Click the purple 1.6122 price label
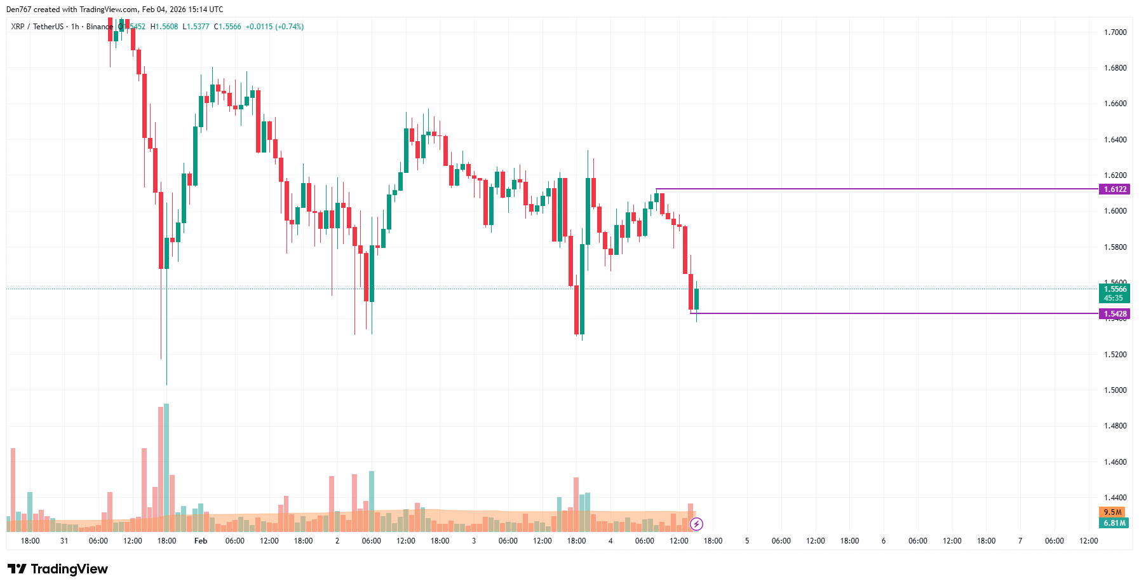point(1114,189)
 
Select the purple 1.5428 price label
point(1114,314)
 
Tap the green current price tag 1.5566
point(1114,289)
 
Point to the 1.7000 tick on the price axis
point(1115,32)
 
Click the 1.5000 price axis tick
point(1115,390)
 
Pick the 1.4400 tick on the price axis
point(1115,498)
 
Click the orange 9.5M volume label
point(1112,512)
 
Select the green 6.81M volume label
point(1114,523)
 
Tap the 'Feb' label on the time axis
point(201,541)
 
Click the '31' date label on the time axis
point(64,541)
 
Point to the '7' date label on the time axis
point(1020,541)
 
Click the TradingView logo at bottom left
point(58,569)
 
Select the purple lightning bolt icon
point(697,524)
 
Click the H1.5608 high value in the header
point(165,27)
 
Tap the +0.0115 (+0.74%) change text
point(274,27)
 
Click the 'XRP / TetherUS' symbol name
point(37,27)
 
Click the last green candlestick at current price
point(696,299)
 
